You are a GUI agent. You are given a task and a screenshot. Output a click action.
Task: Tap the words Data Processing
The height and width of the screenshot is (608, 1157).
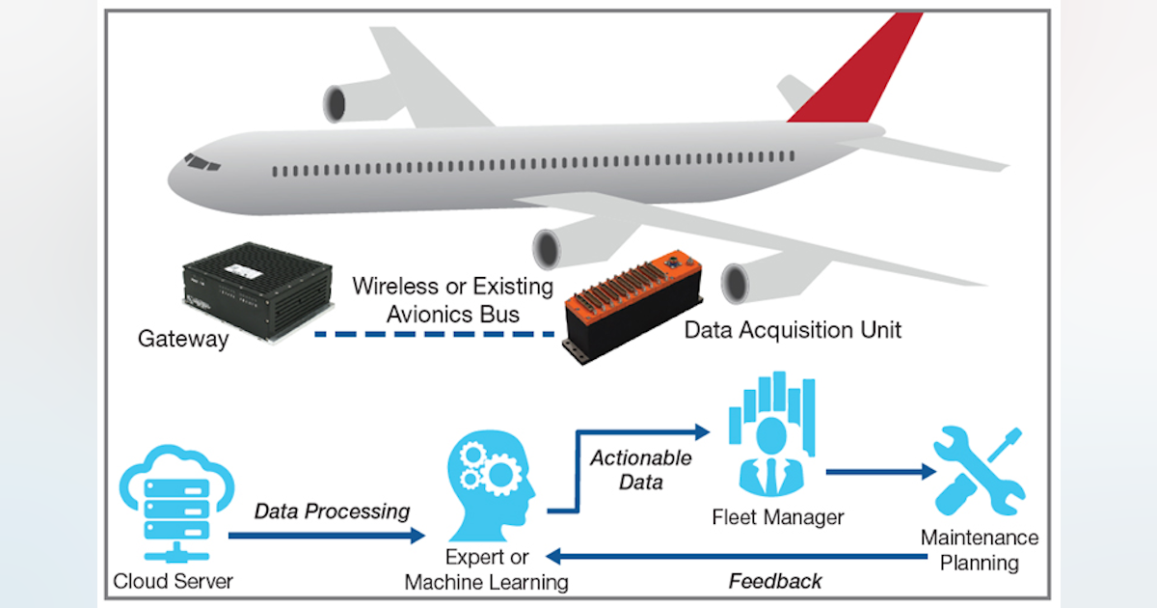(x=332, y=511)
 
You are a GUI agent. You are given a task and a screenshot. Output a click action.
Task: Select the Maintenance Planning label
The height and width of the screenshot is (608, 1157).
(x=980, y=549)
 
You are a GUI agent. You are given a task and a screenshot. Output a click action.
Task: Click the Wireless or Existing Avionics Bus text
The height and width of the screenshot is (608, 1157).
(x=453, y=299)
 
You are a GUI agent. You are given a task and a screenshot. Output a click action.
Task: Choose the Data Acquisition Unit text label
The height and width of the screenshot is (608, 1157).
(x=793, y=329)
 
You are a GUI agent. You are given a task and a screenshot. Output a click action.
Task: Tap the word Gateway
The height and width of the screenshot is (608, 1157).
(x=183, y=339)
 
